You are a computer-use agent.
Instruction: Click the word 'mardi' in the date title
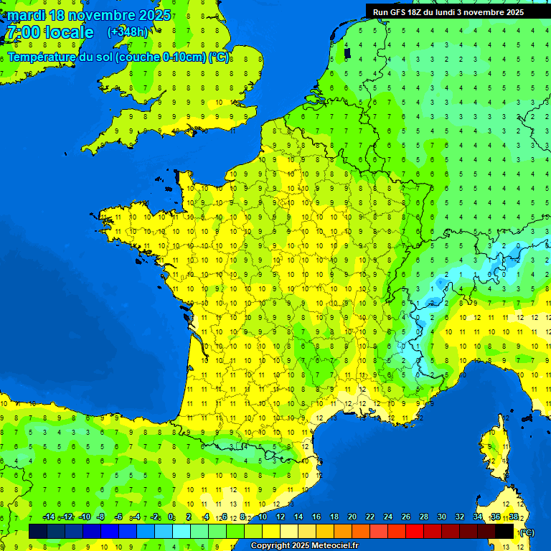tap(26, 15)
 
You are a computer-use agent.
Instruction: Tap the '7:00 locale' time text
tap(50, 32)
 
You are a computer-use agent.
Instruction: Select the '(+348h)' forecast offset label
tap(128, 32)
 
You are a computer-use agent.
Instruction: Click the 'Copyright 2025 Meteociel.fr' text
tap(304, 546)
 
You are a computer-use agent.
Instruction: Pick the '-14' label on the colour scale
tap(49, 517)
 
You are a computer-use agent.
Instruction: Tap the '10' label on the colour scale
tap(262, 517)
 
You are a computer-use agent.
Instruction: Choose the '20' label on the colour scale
tap(352, 517)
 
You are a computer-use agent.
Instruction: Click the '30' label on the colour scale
tap(441, 517)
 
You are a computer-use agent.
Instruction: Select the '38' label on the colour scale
tap(513, 517)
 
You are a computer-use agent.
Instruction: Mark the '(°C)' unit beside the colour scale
tap(527, 532)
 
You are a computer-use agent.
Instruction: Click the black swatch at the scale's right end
tap(504, 531)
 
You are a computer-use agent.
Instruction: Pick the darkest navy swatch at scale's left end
tap(38, 531)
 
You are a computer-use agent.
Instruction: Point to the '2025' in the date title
tap(151, 15)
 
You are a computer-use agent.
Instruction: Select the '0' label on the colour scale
tap(171, 517)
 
